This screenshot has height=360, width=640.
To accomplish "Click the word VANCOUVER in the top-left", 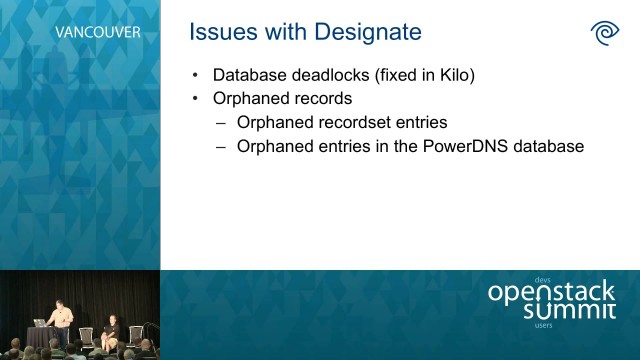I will click(97, 32).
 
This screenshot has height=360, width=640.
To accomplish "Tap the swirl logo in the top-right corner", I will click(605, 32).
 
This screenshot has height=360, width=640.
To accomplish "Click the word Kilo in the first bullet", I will click(453, 75).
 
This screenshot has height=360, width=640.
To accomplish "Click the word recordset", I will click(349, 123).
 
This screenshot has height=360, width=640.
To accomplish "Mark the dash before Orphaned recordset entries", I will click(221, 123).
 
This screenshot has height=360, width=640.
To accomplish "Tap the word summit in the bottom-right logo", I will click(570, 311).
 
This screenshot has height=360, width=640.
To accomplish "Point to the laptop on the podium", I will click(41, 321).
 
